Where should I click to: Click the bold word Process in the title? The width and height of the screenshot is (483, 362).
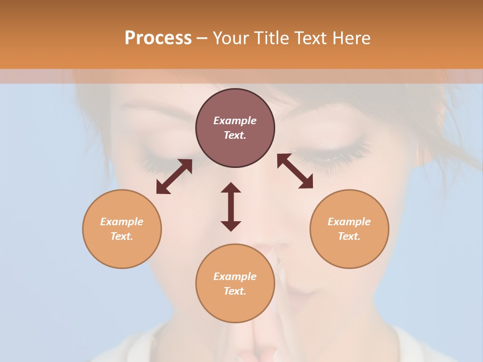point(158,38)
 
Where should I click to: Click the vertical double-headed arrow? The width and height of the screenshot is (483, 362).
point(231,207)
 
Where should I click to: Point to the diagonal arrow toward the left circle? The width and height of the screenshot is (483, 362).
point(174,176)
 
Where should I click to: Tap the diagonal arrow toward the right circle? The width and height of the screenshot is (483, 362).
point(295,171)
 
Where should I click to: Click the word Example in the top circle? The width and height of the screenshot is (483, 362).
point(235,121)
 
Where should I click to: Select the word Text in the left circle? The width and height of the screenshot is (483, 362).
point(121,236)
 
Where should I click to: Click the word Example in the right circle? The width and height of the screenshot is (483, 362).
point(349,222)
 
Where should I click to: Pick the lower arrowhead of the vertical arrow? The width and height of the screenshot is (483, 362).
point(231,226)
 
